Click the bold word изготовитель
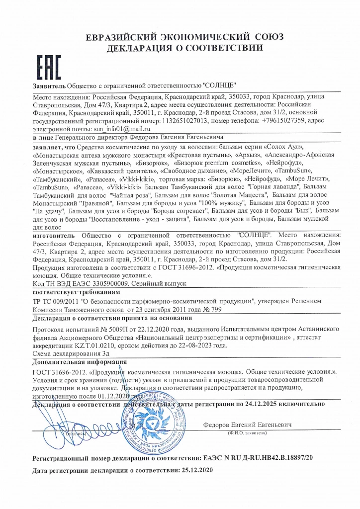click(x=54, y=235)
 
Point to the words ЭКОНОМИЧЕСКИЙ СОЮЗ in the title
click(x=215, y=37)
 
